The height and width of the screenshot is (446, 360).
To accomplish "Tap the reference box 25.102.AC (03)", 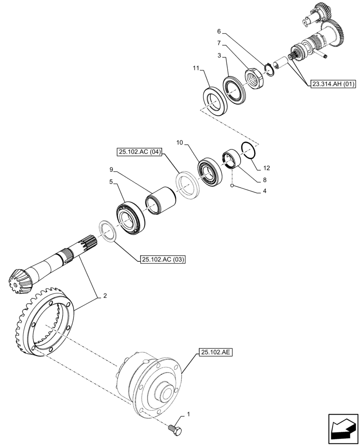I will click(x=163, y=259).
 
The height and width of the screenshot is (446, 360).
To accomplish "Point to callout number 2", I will click(x=105, y=295).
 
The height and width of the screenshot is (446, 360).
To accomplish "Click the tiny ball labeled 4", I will click(x=232, y=185).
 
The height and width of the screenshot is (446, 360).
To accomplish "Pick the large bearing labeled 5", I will click(x=130, y=218).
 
